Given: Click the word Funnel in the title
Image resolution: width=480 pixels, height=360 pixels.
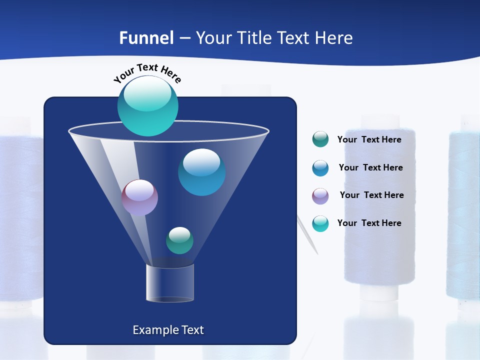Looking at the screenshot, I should [x=146, y=38].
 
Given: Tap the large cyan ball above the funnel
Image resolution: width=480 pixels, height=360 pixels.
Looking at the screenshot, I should [x=147, y=105].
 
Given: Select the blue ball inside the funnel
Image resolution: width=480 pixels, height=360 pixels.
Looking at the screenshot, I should [x=201, y=172].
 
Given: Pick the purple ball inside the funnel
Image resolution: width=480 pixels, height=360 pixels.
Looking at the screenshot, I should [x=139, y=197].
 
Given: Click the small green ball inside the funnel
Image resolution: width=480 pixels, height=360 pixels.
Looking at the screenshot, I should [x=179, y=240].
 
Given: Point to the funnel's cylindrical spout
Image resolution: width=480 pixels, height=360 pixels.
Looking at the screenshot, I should [x=170, y=283].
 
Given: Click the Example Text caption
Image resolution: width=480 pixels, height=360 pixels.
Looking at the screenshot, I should [x=168, y=330].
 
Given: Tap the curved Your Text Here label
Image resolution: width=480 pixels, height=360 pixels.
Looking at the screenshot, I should [x=147, y=73].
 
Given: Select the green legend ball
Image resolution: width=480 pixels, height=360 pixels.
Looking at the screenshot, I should [x=320, y=139].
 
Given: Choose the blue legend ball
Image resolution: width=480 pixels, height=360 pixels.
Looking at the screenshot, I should [x=320, y=168].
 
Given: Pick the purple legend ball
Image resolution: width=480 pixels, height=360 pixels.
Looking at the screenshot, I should [x=320, y=196].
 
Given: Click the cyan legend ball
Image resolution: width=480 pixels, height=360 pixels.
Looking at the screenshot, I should [x=320, y=223].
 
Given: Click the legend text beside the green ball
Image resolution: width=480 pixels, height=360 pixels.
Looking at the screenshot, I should [x=369, y=139].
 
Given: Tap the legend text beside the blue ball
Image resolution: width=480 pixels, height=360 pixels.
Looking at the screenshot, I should [x=370, y=167].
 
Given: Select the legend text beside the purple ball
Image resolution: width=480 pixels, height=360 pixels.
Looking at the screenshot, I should [x=371, y=195].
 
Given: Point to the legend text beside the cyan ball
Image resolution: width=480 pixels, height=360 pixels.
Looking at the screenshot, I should [x=369, y=223].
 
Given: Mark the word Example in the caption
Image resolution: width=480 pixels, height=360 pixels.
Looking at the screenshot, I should [x=154, y=330].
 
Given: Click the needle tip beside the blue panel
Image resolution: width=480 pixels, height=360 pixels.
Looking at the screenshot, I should [x=316, y=253].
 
